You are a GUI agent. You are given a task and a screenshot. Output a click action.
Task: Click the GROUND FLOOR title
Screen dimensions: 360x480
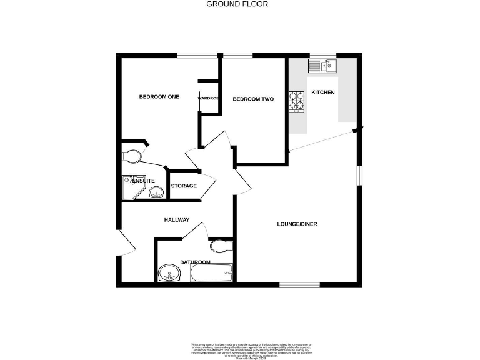click(x=237, y=4)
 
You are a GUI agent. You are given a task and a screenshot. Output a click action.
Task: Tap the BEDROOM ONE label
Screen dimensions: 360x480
click(x=159, y=97)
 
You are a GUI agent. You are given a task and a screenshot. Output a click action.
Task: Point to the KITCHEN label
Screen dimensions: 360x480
click(x=323, y=92)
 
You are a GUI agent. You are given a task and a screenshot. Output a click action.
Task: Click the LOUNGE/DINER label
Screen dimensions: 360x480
click(x=297, y=224)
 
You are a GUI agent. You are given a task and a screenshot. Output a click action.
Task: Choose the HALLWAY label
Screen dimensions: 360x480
click(x=176, y=220)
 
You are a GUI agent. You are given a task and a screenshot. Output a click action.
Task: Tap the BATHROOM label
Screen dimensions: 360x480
click(x=195, y=262)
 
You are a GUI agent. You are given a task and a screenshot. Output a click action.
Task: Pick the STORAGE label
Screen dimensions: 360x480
click(x=184, y=186)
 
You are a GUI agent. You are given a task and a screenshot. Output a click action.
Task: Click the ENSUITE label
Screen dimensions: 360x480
click(x=143, y=181)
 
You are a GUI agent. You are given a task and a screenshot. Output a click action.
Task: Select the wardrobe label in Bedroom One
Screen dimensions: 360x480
click(x=208, y=98)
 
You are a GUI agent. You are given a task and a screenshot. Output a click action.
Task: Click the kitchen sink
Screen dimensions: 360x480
click(x=322, y=64)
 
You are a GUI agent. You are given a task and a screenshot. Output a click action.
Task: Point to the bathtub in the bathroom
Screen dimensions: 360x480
click(x=211, y=272)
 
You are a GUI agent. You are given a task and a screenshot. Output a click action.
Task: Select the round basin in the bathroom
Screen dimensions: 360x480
click(x=168, y=273)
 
